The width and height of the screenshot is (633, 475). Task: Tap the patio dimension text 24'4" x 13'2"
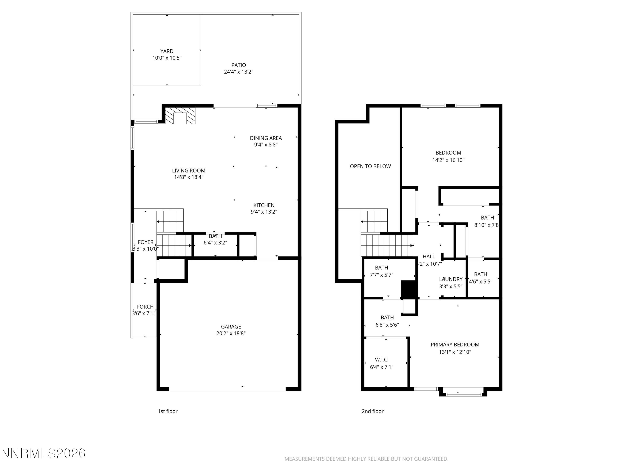click(238, 72)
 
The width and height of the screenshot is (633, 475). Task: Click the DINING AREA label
click(266, 138)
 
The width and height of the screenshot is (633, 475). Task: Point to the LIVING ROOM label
click(189, 171)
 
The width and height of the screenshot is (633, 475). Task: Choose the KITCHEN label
click(264, 205)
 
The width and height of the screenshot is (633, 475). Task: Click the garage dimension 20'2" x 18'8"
click(231, 333)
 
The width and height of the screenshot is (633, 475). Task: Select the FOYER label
click(145, 242)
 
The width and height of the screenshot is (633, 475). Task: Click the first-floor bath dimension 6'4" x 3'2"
click(215, 243)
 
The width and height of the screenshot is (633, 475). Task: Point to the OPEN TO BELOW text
click(370, 166)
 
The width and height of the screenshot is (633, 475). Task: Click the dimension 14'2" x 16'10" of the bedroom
click(448, 160)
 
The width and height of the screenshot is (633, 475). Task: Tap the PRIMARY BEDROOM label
click(455, 345)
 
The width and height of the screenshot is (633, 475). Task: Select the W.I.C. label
click(381, 360)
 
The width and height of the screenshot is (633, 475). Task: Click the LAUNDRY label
click(451, 279)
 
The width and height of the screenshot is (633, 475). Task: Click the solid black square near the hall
click(409, 289)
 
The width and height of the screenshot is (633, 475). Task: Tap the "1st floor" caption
click(168, 411)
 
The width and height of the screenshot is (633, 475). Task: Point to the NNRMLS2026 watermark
click(43, 453)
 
